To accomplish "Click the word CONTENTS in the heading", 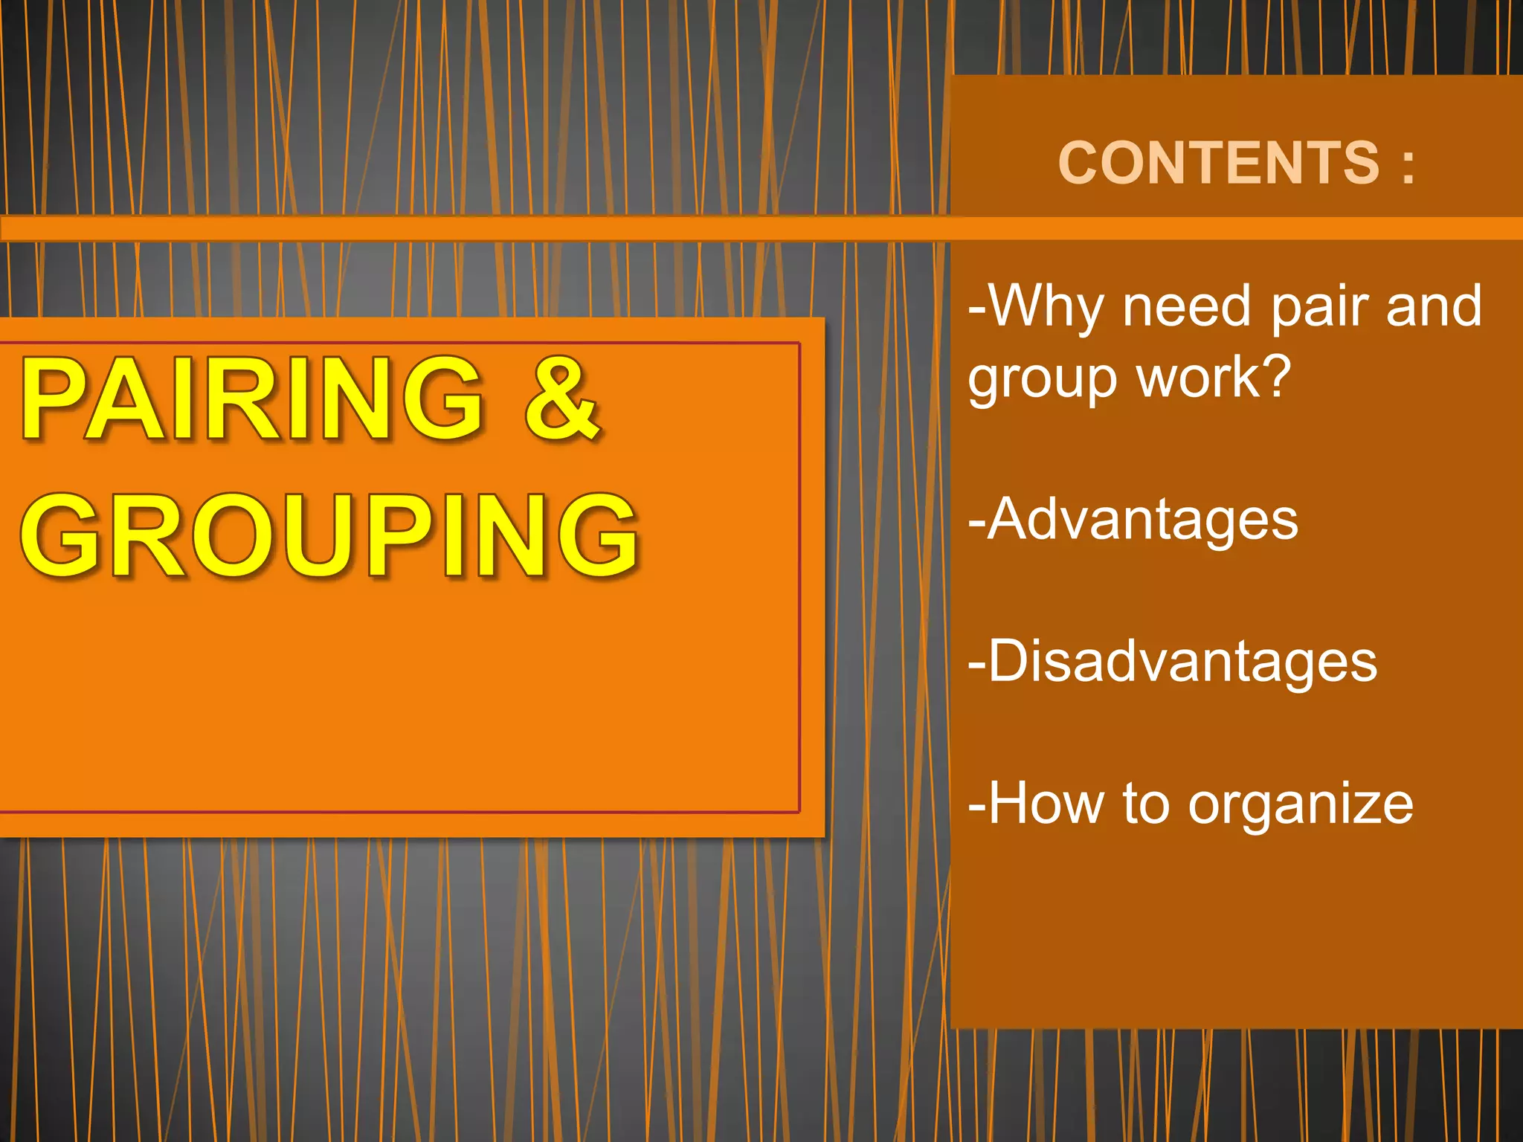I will point(1218,163).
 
